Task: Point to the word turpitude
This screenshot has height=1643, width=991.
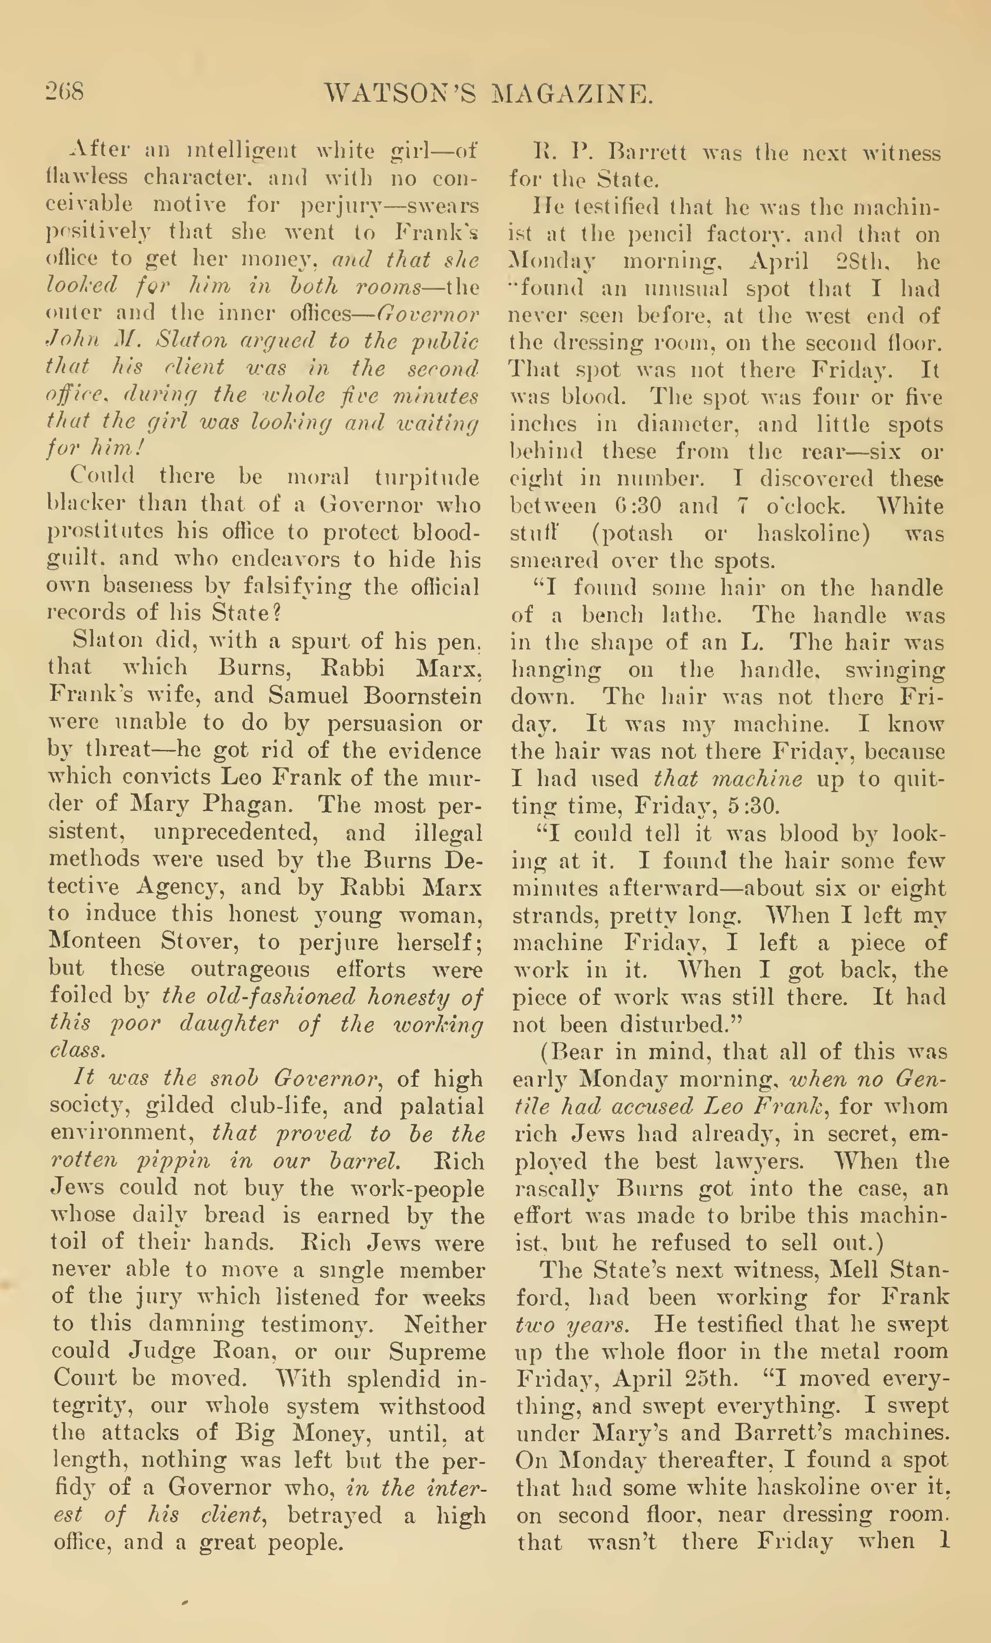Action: coord(427,478)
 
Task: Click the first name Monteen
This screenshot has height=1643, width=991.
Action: coord(95,941)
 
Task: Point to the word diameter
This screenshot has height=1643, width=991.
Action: coord(716,424)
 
